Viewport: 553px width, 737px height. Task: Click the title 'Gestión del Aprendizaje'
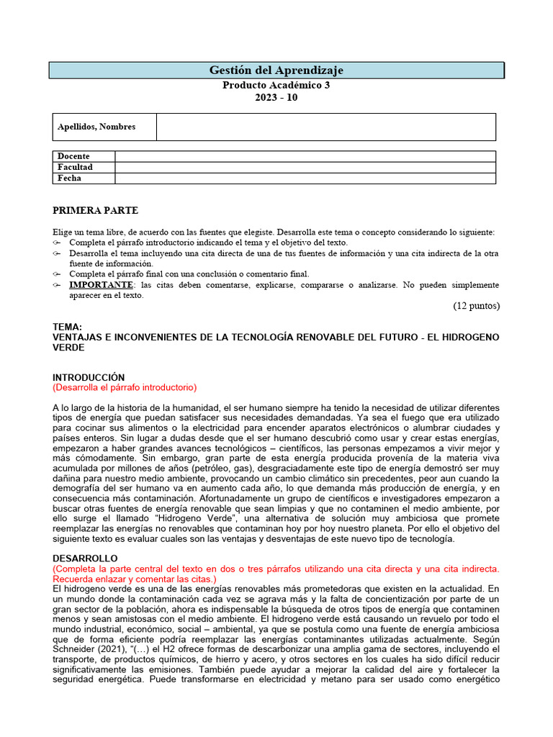pos(276,70)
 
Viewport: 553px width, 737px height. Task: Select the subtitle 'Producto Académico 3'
pos(276,85)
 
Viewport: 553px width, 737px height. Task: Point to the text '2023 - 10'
pos(276,98)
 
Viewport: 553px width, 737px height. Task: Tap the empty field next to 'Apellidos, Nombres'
pos(325,127)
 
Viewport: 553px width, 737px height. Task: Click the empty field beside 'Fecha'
pos(305,178)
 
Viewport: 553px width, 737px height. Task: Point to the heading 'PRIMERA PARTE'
pos(96,211)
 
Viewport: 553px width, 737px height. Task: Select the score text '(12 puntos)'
pos(476,305)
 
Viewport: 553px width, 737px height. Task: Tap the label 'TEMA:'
pos(68,327)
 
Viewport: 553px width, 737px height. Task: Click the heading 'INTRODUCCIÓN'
pos(89,377)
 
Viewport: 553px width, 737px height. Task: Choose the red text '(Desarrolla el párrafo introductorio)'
pos(125,387)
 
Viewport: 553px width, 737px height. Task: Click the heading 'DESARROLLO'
pos(85,559)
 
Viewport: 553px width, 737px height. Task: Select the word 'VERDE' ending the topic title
pos(69,347)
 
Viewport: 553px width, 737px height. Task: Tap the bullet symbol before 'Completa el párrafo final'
pos(58,273)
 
